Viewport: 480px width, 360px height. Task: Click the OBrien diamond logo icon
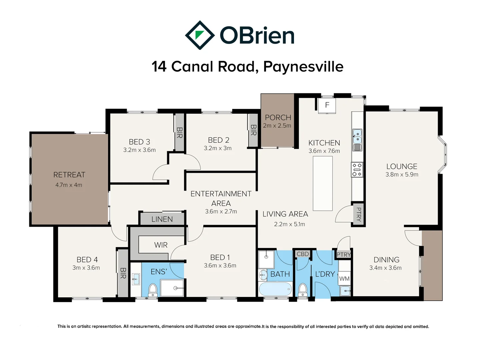click(200, 35)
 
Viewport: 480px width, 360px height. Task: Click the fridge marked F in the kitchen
click(327, 105)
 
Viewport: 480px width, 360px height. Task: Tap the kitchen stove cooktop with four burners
click(357, 170)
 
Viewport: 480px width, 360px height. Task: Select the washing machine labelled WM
click(344, 278)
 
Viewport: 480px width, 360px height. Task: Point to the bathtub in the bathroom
click(275, 289)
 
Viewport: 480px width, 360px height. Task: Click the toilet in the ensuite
click(153, 290)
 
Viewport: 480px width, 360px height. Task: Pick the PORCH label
click(278, 117)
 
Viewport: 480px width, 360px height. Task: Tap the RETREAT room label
click(69, 175)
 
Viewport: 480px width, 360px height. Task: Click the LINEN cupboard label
click(162, 219)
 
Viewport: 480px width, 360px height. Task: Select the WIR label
click(161, 245)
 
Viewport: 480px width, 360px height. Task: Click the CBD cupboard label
click(303, 254)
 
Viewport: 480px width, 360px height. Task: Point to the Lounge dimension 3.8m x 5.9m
click(402, 174)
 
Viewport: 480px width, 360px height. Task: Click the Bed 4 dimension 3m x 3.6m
click(86, 268)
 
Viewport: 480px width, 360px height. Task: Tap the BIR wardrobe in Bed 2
click(253, 130)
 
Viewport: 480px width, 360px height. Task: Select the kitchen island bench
click(323, 183)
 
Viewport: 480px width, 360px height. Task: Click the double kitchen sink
click(357, 136)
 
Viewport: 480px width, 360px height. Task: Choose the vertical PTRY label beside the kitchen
click(359, 214)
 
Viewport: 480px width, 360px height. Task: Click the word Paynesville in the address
click(303, 66)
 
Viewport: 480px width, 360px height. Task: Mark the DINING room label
click(386, 259)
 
